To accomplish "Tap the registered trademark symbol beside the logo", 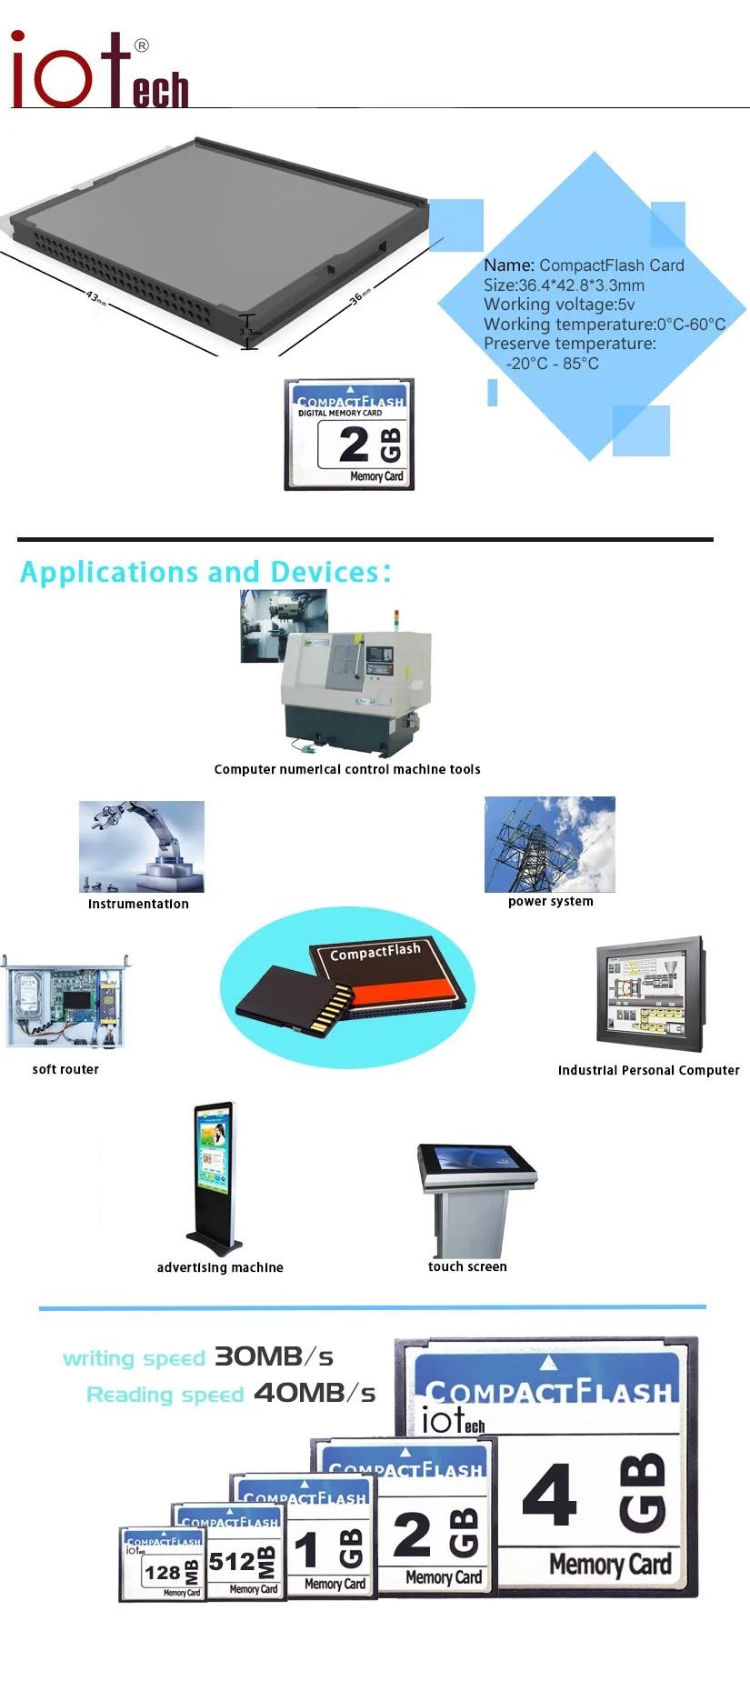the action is tap(142, 45).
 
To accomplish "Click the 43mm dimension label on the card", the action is tap(95, 297).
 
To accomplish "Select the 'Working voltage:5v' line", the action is tap(559, 305).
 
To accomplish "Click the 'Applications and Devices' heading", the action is tap(205, 572).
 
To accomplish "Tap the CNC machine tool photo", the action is tap(355, 691).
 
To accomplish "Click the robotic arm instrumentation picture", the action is tap(142, 846).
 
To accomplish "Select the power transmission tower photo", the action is tap(549, 845).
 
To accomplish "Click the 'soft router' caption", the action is tap(65, 1069).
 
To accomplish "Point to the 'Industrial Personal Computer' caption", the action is tap(648, 1070).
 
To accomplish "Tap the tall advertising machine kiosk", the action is tap(215, 1177).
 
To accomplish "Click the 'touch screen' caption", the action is tap(467, 1266).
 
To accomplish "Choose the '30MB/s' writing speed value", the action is tap(274, 1357).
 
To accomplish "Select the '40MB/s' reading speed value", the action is tap(315, 1393).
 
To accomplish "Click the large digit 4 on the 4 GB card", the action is tap(549, 1496).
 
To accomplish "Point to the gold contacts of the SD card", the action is tap(335, 1010).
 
